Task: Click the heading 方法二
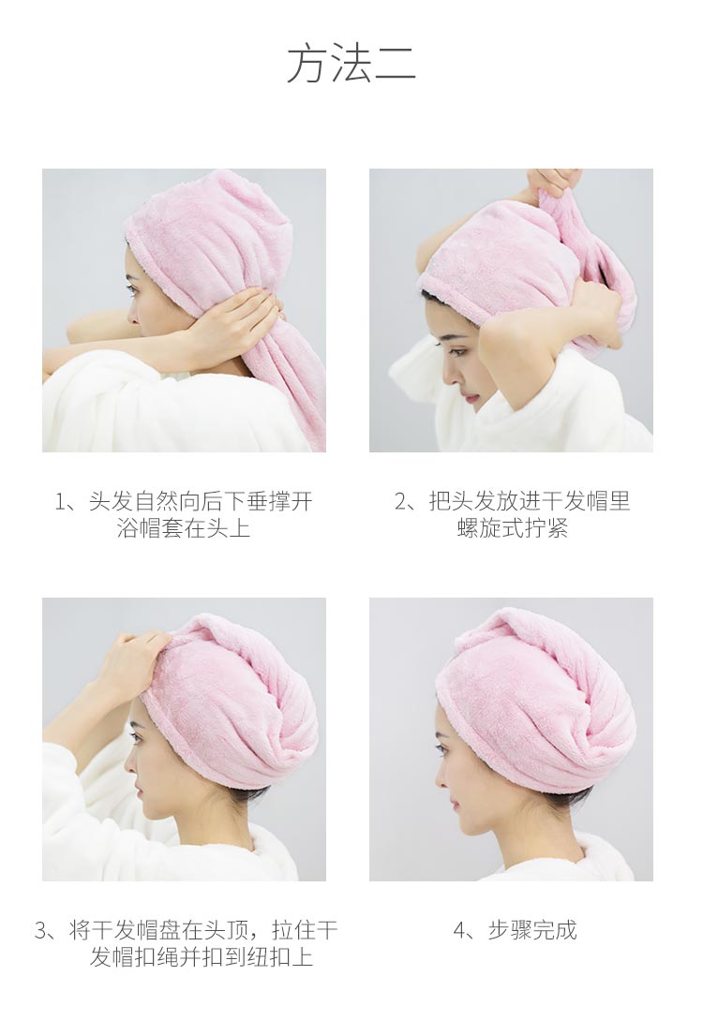click(x=351, y=63)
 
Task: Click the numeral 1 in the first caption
click(x=60, y=501)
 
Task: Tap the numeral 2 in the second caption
click(x=400, y=501)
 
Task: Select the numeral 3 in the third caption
click(x=41, y=930)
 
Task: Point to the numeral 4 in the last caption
click(x=459, y=930)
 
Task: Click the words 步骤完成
click(x=531, y=930)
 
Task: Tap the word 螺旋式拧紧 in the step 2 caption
click(x=512, y=527)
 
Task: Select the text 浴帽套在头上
click(x=185, y=527)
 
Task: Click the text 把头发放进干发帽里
click(x=530, y=501)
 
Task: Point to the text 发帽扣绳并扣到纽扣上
click(x=202, y=957)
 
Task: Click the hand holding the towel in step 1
click(x=228, y=322)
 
